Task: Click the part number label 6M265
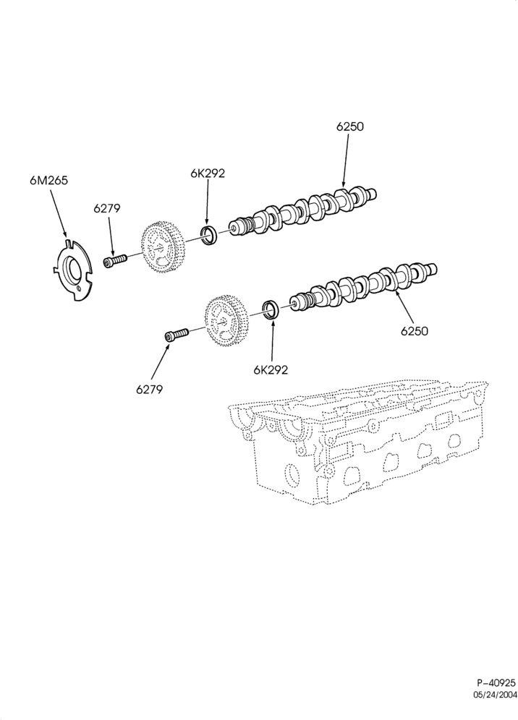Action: pos(48,181)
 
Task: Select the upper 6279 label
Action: pos(106,208)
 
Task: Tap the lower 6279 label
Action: pos(149,390)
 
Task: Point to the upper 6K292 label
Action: pos(208,173)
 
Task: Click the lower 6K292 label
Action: pos(271,369)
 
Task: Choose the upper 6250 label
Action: pos(349,127)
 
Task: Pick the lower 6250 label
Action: pos(414,330)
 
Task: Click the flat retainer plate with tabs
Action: pos(72,270)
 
